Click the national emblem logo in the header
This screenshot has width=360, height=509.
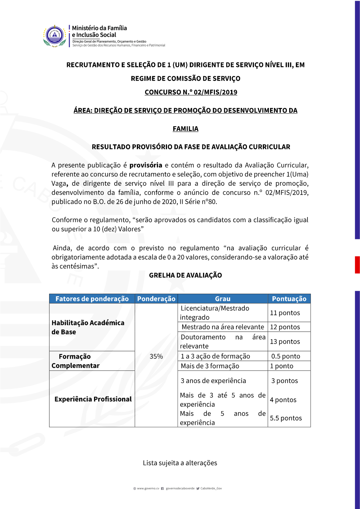54,36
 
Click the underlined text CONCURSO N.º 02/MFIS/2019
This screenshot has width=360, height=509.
191,92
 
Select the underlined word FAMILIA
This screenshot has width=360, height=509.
185,129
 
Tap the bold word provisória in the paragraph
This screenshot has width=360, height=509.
146,165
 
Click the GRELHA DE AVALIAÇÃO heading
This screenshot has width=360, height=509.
185,275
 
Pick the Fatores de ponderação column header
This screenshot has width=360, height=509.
92,299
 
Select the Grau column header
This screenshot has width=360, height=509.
222,299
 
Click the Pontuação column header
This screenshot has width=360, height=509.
289,299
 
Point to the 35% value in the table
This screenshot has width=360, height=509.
156,356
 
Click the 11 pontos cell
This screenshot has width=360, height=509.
285,313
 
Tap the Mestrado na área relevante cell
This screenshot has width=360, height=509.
223,327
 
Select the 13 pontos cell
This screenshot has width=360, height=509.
285,342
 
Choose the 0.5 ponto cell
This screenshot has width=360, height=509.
286,356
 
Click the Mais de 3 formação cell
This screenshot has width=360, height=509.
210,366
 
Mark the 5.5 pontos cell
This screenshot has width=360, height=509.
286,418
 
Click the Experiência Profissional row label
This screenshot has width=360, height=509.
93,399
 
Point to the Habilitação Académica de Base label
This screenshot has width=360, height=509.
88,327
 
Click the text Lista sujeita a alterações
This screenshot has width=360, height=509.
180,463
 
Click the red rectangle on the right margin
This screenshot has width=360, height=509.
357,265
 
